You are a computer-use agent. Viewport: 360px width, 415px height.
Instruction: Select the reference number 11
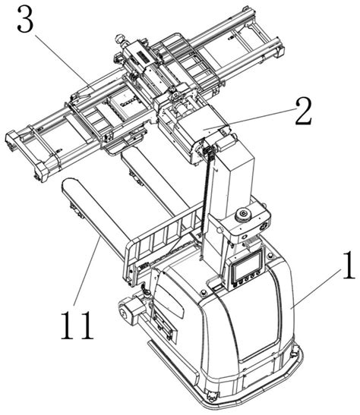tap(77, 325)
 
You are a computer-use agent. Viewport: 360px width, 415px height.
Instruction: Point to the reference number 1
tap(348, 266)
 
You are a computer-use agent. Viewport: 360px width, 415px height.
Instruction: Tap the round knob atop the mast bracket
tap(244, 215)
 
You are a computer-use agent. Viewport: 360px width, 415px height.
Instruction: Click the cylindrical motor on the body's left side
tap(131, 310)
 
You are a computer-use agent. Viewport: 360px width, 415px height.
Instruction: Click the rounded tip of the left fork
tap(68, 184)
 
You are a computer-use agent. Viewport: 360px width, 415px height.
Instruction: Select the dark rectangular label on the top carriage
tap(144, 57)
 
